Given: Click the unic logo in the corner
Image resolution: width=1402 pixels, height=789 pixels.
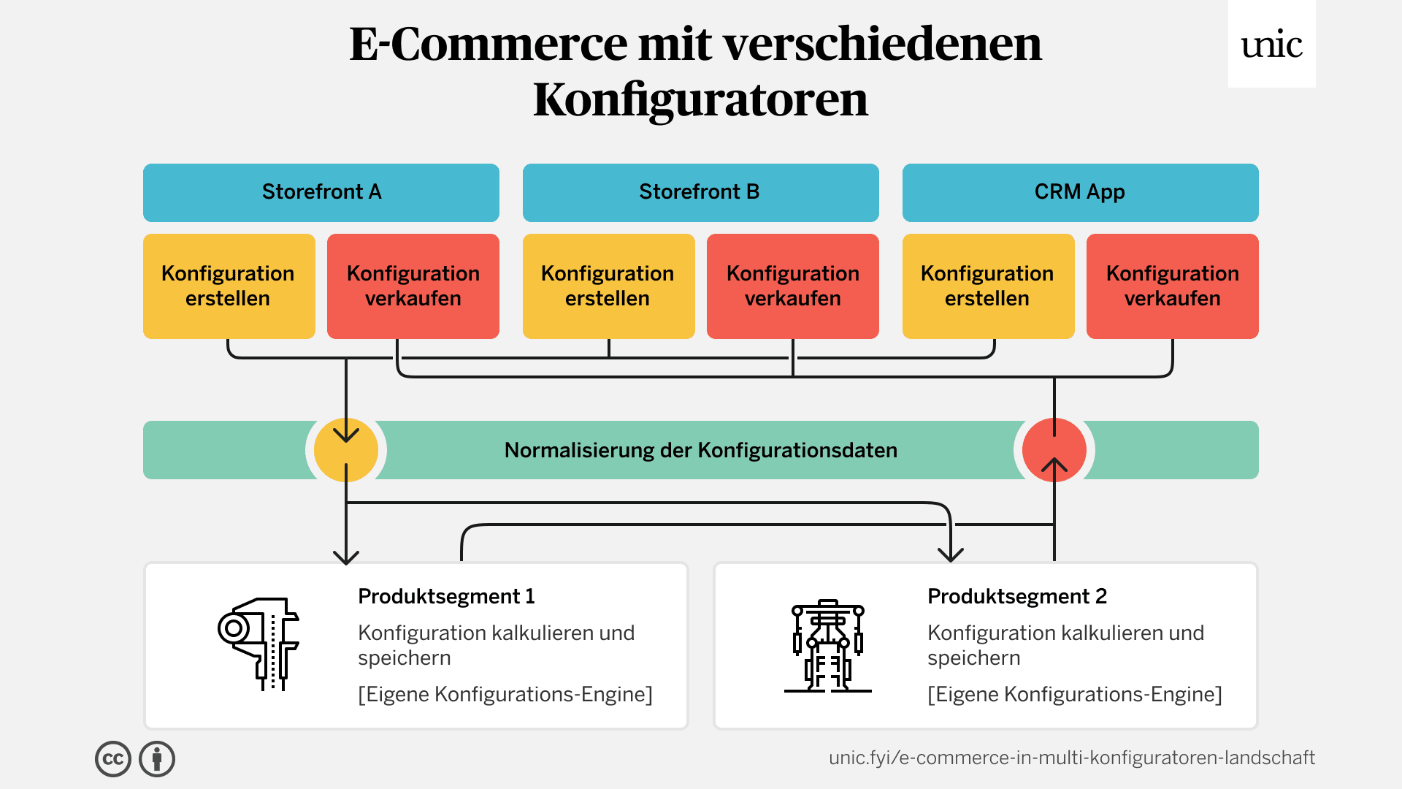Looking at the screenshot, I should pyautogui.click(x=1271, y=45).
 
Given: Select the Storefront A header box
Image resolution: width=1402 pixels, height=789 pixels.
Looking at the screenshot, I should pyautogui.click(x=321, y=192).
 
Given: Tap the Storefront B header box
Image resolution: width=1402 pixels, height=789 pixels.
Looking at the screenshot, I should pyautogui.click(x=700, y=192).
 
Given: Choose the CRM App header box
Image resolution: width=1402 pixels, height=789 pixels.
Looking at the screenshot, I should pyautogui.click(x=1080, y=192).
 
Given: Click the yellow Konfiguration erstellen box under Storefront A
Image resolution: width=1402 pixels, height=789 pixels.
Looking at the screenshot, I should pyautogui.click(x=229, y=286).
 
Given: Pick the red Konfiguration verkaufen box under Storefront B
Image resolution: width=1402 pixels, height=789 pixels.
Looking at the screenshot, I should pyautogui.click(x=792, y=286).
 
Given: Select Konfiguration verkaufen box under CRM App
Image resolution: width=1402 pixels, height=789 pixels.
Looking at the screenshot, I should pyautogui.click(x=1172, y=286).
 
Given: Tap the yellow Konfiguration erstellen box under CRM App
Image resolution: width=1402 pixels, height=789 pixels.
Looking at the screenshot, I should pyautogui.click(x=988, y=286).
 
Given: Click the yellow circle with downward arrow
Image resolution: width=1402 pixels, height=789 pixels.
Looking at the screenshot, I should pyautogui.click(x=346, y=449).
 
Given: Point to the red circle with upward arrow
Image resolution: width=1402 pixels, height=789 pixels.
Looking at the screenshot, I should pyautogui.click(x=1054, y=449).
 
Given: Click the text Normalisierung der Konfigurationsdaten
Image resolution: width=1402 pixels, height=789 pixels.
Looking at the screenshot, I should pyautogui.click(x=700, y=450).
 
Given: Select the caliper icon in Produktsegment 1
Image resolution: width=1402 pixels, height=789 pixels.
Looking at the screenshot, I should pyautogui.click(x=258, y=644).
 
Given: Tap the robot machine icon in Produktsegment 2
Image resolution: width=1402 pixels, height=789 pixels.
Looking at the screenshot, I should pyautogui.click(x=827, y=646).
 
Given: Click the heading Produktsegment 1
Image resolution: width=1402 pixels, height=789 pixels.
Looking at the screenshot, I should pyautogui.click(x=446, y=596).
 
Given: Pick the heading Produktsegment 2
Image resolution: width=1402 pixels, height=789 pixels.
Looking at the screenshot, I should pyautogui.click(x=1016, y=596).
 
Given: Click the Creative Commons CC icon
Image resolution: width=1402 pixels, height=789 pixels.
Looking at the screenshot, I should pyautogui.click(x=113, y=759).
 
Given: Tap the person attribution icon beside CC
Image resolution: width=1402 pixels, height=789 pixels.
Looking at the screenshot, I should pyautogui.click(x=157, y=759).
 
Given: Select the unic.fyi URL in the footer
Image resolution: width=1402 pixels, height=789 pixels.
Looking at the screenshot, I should pyautogui.click(x=1071, y=758).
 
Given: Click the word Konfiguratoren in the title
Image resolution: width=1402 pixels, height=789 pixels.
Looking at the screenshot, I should pyautogui.click(x=700, y=99).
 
